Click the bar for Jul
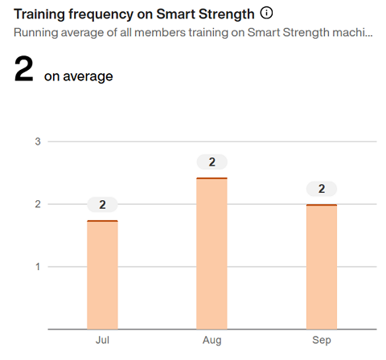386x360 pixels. [102, 275]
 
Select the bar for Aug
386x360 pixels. [211, 254]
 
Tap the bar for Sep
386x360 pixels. [321, 267]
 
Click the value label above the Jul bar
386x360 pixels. [102, 204]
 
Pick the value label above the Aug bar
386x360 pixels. [211, 162]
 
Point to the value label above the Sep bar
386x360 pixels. [321, 189]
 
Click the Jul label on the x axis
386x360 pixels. [102, 341]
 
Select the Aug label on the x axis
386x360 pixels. [211, 341]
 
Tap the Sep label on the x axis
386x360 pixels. [321, 341]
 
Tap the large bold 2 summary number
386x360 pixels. [23, 71]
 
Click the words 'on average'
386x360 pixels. [78, 76]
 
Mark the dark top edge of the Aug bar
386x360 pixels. [211, 178]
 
